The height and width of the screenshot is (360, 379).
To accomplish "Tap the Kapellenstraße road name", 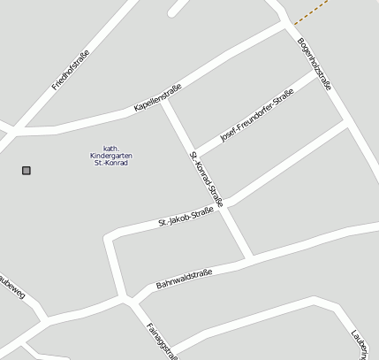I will [157, 97].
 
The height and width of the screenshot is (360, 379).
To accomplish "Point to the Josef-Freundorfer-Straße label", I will [256, 120].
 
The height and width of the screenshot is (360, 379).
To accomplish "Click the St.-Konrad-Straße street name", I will [207, 179].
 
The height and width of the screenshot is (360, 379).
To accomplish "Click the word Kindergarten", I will [110, 155].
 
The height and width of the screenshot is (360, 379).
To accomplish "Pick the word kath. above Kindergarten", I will [110, 147].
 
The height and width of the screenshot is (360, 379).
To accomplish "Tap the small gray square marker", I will [27, 170].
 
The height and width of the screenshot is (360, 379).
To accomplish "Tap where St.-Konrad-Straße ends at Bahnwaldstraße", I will [251, 257].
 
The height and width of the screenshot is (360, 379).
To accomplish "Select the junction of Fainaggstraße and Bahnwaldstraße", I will [133, 299].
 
